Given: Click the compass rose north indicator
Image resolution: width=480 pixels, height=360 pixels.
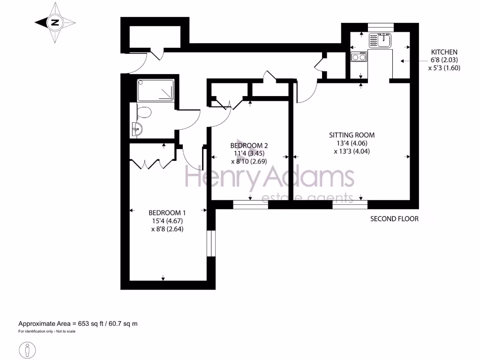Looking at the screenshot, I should [55, 22].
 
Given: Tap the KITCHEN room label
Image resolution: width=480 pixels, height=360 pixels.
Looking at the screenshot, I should [444, 52].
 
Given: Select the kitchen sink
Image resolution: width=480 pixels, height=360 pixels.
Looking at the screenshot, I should [383, 40].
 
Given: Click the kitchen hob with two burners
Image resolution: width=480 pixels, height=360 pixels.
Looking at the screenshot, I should [359, 58].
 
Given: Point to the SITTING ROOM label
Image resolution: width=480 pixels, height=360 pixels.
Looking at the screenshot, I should [352, 135].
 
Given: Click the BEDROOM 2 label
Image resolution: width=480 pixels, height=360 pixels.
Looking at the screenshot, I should [249, 145].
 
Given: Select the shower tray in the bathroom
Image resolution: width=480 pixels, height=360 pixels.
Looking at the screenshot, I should [156, 90].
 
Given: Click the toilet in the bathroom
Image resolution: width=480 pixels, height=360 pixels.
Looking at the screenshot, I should [143, 112].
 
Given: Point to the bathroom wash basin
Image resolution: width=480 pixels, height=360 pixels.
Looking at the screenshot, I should [137, 128].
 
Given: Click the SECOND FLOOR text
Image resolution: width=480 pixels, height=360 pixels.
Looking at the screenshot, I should [394, 219].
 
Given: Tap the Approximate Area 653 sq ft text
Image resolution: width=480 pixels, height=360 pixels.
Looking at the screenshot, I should [78, 323].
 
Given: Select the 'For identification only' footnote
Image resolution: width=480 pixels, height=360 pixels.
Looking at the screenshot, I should [47, 331].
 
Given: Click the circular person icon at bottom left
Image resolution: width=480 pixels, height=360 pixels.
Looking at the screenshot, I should [28, 350].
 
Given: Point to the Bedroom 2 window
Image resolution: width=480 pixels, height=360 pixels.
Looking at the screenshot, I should [250, 204].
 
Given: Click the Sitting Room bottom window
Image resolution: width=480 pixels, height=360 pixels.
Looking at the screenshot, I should [350, 204].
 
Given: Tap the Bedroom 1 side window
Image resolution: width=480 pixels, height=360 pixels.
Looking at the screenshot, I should [211, 244].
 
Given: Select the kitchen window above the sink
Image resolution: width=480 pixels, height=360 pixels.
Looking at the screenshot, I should [381, 27].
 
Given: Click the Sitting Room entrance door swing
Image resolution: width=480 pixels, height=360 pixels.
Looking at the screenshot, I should [305, 94].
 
